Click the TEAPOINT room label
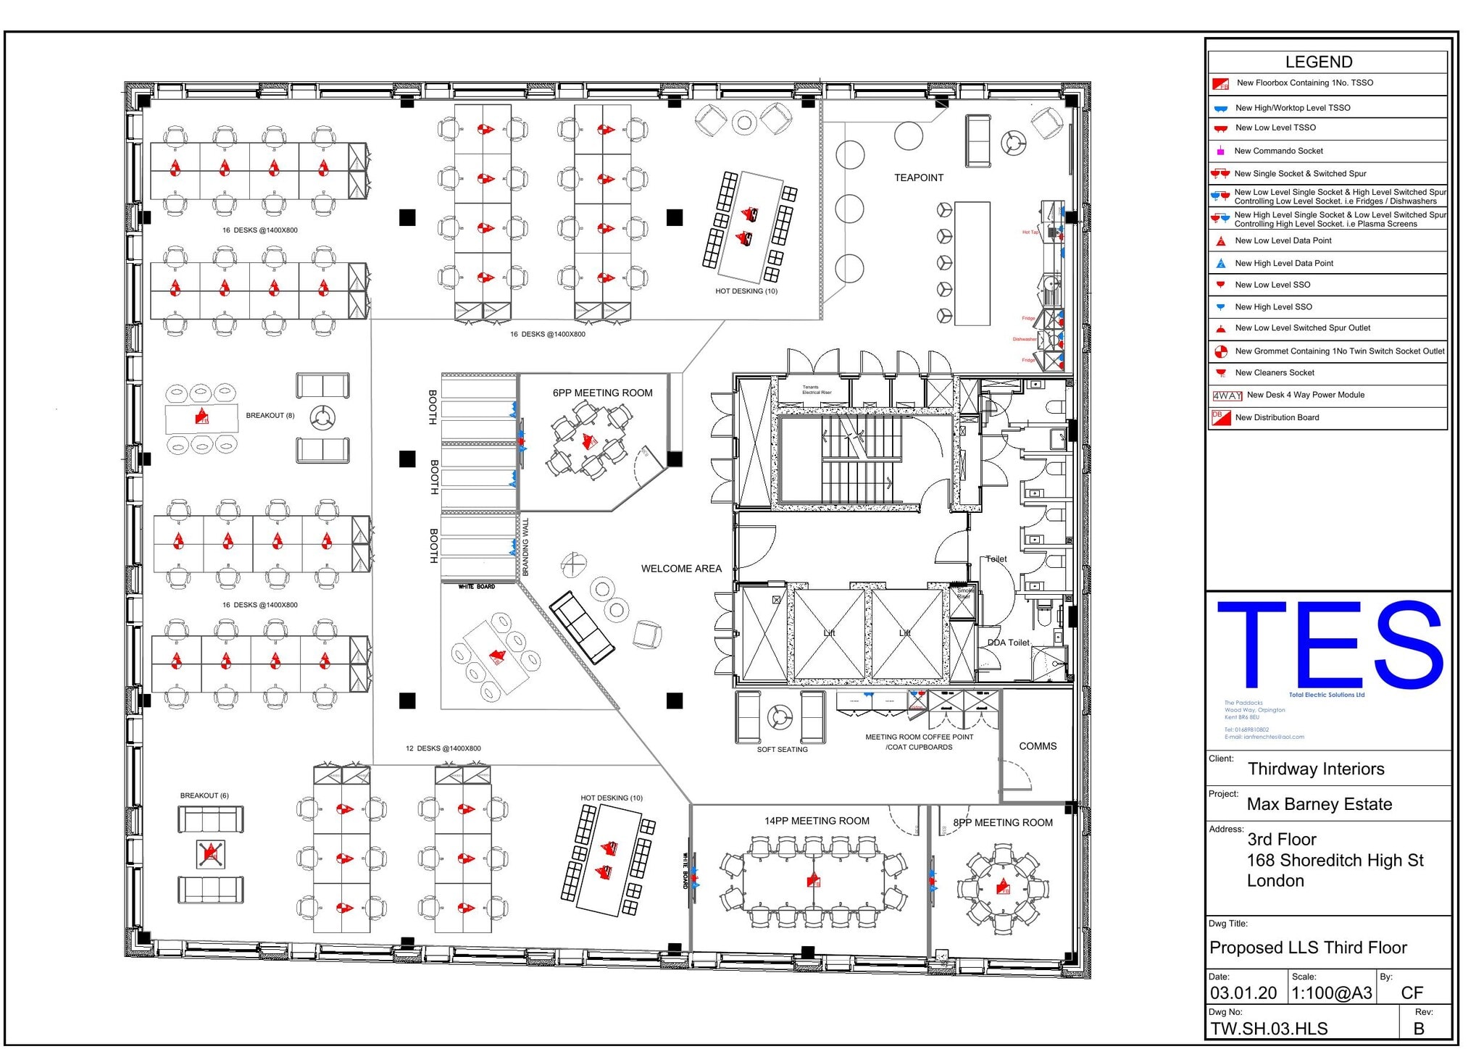coord(918,177)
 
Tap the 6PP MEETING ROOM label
coord(602,393)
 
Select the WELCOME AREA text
coord(681,569)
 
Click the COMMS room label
coord(1038,746)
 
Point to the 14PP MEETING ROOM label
coord(817,821)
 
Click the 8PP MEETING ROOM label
coord(1003,822)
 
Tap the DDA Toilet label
coord(1008,643)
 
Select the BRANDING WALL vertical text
coord(525,547)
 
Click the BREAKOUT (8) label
coord(270,416)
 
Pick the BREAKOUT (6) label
coord(204,795)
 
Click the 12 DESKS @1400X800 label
coord(443,748)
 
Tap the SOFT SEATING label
coord(782,750)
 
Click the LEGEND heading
coord(1318,62)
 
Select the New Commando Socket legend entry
coord(1278,151)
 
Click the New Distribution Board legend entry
coord(1277,417)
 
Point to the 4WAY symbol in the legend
coord(1227,396)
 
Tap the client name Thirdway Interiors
coord(1315,769)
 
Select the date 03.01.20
coord(1243,993)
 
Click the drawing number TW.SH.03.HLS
coord(1268,1029)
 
